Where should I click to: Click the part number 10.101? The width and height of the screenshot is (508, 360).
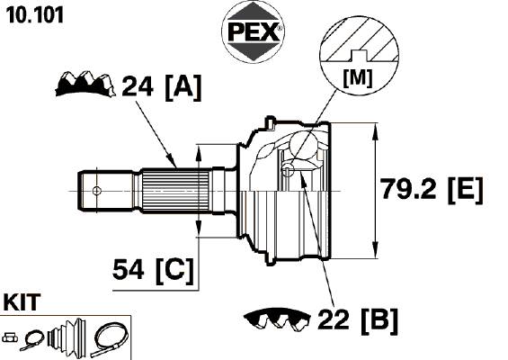[x=35, y=15]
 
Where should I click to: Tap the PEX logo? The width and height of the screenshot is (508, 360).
[x=253, y=31]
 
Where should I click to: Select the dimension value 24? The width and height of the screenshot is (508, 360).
[x=137, y=86]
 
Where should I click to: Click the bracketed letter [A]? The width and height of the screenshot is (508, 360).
[x=183, y=87]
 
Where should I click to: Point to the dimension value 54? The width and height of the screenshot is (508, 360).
[x=128, y=269]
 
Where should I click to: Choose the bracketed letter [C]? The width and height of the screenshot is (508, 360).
[x=174, y=271]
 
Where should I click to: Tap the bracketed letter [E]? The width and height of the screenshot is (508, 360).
[x=466, y=190]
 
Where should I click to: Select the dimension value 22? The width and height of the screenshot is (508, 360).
[x=334, y=319]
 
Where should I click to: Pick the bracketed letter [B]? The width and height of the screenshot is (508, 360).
[x=380, y=320]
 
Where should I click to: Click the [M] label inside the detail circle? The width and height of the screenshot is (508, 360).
[x=358, y=78]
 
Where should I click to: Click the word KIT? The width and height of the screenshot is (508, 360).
[x=22, y=302]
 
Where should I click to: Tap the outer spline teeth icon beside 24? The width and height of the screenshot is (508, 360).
[x=85, y=84]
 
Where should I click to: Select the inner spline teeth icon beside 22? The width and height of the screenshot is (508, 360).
[x=277, y=319]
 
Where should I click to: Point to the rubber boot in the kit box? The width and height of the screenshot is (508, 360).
[x=67, y=336]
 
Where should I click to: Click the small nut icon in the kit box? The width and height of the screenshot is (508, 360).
[x=10, y=337]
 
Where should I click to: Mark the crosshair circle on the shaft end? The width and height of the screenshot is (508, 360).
[x=96, y=191]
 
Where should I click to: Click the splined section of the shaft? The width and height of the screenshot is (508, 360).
[x=175, y=191]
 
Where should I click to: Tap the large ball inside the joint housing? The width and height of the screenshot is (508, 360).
[x=303, y=145]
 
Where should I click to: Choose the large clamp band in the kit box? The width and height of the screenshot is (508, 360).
[x=109, y=339]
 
